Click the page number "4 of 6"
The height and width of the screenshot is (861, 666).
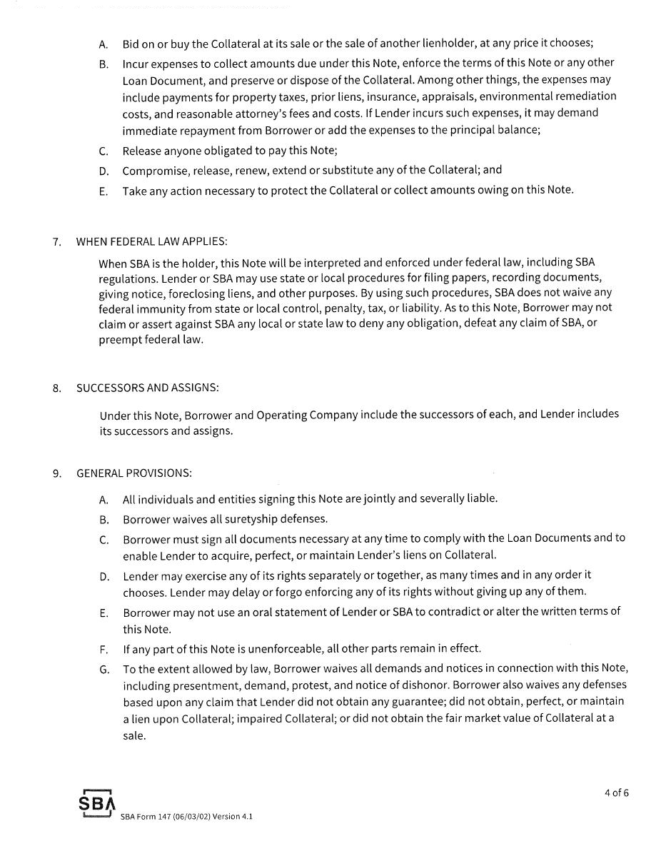[x=616, y=792]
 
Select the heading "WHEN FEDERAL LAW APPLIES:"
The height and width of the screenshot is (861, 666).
[x=152, y=241]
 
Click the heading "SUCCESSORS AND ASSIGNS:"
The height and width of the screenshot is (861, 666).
[x=148, y=388]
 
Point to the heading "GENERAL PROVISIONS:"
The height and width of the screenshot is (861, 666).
[x=134, y=473]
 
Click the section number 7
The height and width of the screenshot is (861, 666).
[x=56, y=241]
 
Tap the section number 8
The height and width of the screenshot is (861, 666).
[x=56, y=388]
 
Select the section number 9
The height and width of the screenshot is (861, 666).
[x=56, y=473]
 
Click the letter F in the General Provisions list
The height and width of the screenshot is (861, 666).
[x=104, y=649]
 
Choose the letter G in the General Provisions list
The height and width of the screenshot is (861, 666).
[x=104, y=670]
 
